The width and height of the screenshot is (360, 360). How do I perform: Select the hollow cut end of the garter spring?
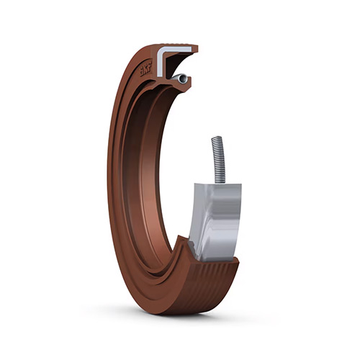[x=184, y=78]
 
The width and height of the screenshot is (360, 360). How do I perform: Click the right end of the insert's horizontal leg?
[x=191, y=49]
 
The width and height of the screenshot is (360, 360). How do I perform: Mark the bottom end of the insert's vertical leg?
[x=161, y=76]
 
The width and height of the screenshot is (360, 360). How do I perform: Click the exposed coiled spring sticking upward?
[x=218, y=159]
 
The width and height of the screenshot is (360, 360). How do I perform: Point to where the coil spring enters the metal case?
[x=220, y=183]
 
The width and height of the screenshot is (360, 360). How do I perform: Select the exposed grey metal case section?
[x=215, y=222]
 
